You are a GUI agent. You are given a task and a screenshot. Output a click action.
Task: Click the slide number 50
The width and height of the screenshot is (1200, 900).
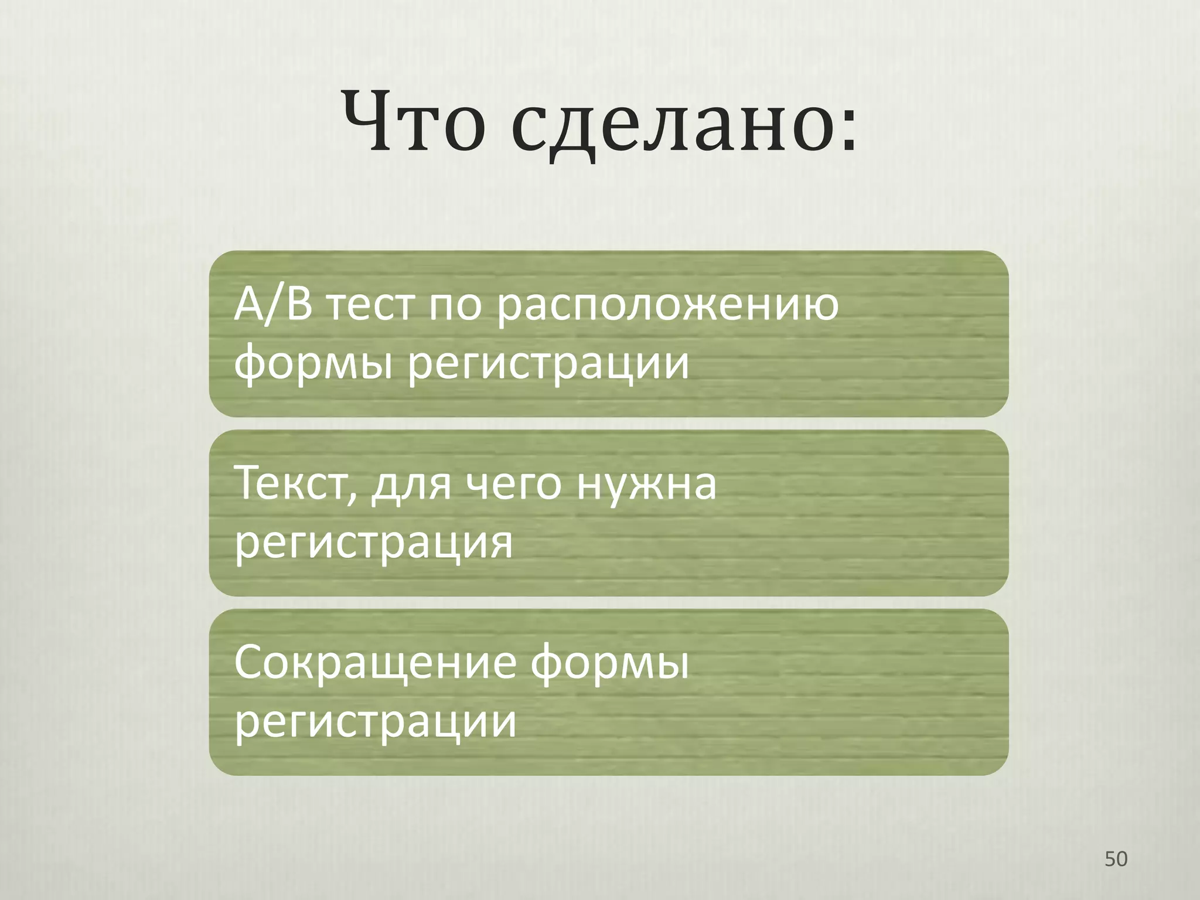tap(1116, 859)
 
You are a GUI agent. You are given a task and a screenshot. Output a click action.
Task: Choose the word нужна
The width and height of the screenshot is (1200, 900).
tap(646, 485)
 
